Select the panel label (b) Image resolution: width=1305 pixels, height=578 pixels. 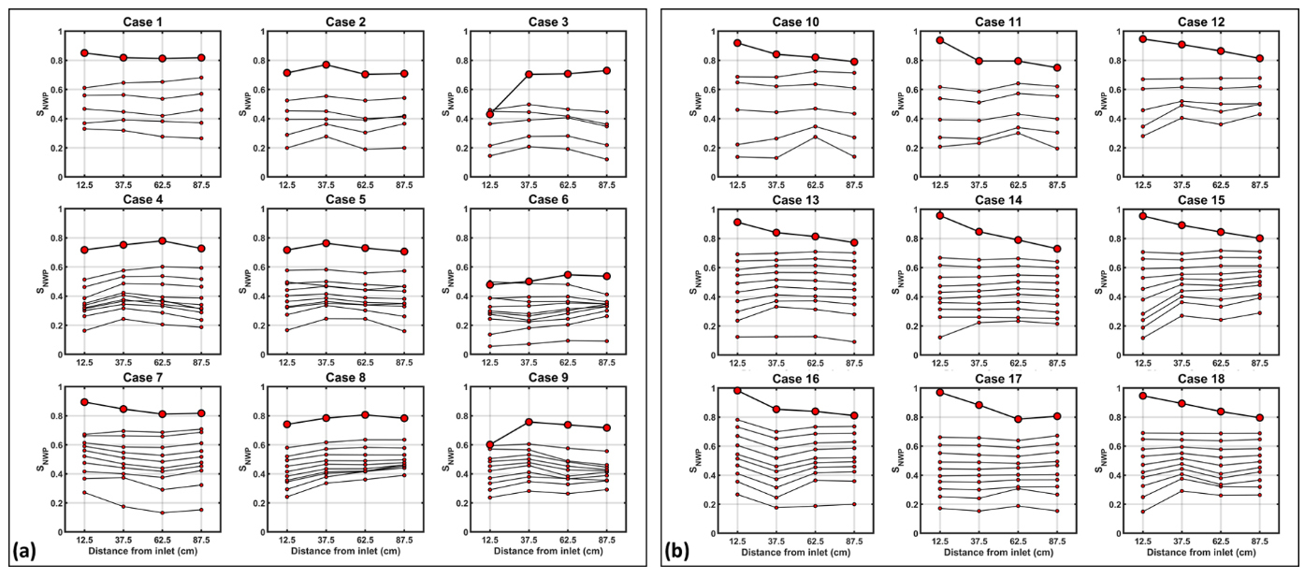pos(679,551)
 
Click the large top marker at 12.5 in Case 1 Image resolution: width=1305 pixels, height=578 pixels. pos(84,53)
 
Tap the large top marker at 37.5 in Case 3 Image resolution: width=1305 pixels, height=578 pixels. pos(529,74)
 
